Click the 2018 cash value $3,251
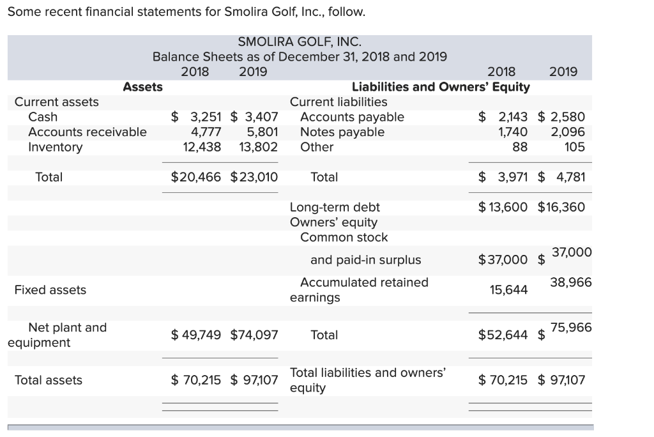pyautogui.click(x=197, y=117)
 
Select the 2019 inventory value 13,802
pyautogui.click(x=258, y=147)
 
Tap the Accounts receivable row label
pyautogui.click(x=87, y=132)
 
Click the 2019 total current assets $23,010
pyautogui.click(x=254, y=177)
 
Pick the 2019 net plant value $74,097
pyautogui.click(x=254, y=334)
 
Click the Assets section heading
pyautogui.click(x=142, y=86)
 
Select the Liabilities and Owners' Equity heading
pyautogui.click(x=441, y=86)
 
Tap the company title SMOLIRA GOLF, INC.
pyautogui.click(x=300, y=42)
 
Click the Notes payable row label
pyautogui.click(x=342, y=132)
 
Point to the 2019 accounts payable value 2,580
pyautogui.click(x=561, y=117)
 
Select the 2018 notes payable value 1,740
pyautogui.click(x=513, y=132)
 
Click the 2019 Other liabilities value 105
pyautogui.click(x=574, y=147)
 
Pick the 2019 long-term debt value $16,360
pyautogui.click(x=561, y=207)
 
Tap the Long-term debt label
pyautogui.click(x=335, y=207)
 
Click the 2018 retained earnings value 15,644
pyautogui.click(x=509, y=290)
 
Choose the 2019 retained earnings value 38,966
pyautogui.click(x=571, y=282)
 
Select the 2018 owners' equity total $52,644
pyautogui.click(x=503, y=335)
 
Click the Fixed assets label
pyautogui.click(x=50, y=290)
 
